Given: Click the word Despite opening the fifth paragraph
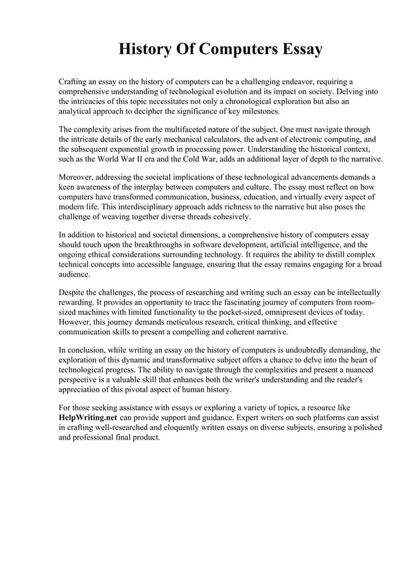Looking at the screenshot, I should (73, 292).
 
